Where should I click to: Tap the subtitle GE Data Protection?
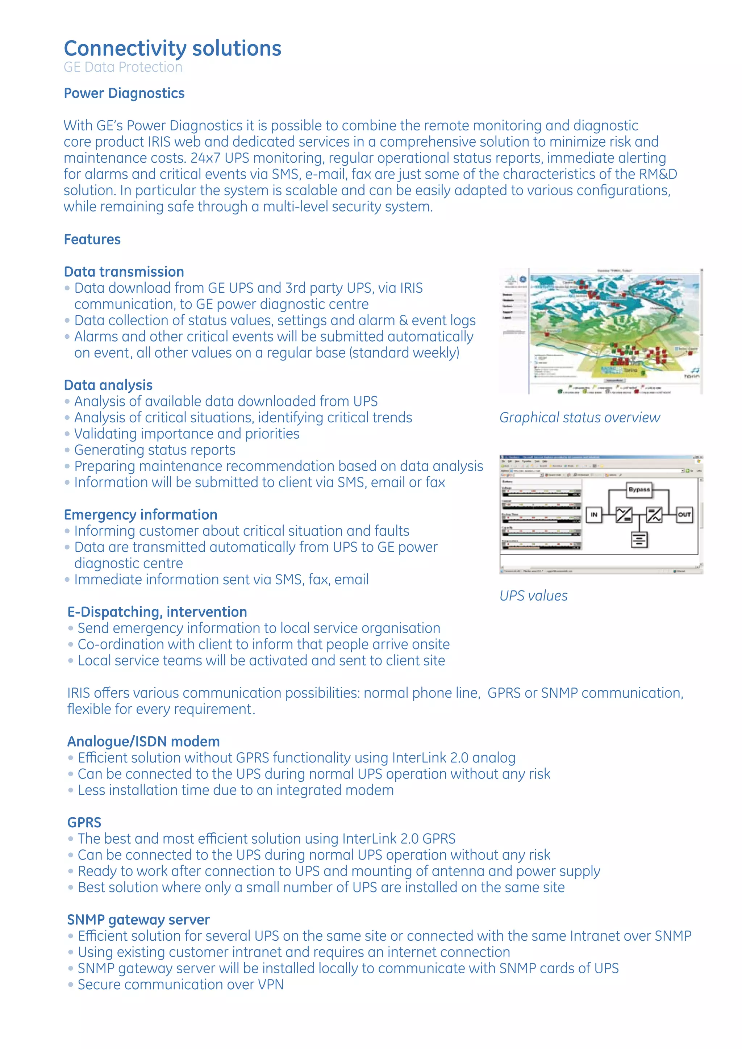(123, 67)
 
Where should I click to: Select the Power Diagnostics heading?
(124, 93)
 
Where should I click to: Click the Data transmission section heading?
(124, 272)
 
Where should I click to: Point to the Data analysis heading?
(108, 385)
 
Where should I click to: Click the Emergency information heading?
(140, 515)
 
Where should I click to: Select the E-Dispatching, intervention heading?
(157, 612)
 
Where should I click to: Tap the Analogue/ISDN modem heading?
(143, 741)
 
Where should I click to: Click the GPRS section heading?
(84, 822)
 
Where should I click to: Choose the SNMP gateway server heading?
(138, 920)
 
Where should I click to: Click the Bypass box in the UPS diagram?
(639, 489)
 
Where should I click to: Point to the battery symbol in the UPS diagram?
(639, 540)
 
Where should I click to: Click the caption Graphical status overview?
(579, 418)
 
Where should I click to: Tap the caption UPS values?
(533, 596)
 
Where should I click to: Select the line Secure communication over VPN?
(180, 985)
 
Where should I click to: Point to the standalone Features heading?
(92, 239)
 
